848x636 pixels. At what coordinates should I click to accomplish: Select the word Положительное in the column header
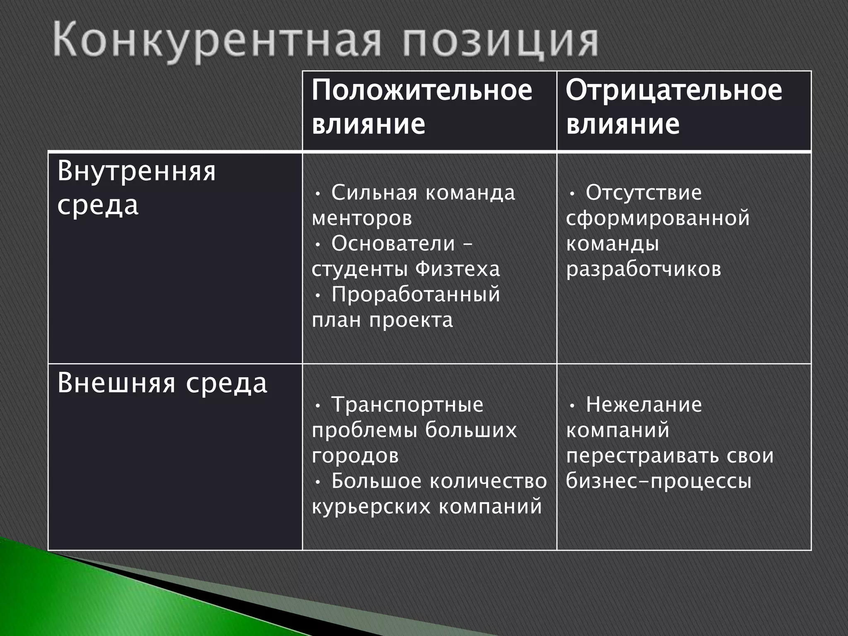[422, 90]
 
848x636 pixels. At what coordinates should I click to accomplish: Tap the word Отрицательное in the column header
[674, 90]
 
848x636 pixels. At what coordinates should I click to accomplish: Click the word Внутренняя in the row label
[137, 171]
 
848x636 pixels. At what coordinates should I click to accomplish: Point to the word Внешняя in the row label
[116, 383]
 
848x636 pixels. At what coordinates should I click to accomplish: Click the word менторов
[362, 218]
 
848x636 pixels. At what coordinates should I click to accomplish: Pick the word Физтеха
[458, 269]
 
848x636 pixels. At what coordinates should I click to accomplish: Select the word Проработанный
[416, 295]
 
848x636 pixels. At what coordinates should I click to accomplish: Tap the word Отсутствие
[644, 193]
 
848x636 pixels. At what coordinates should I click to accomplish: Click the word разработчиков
[643, 269]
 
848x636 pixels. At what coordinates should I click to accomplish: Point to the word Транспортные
[407, 405]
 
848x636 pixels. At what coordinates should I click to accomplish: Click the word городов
[355, 455]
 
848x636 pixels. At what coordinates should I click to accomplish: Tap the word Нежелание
[644, 405]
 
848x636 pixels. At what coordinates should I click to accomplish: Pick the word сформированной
[658, 218]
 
